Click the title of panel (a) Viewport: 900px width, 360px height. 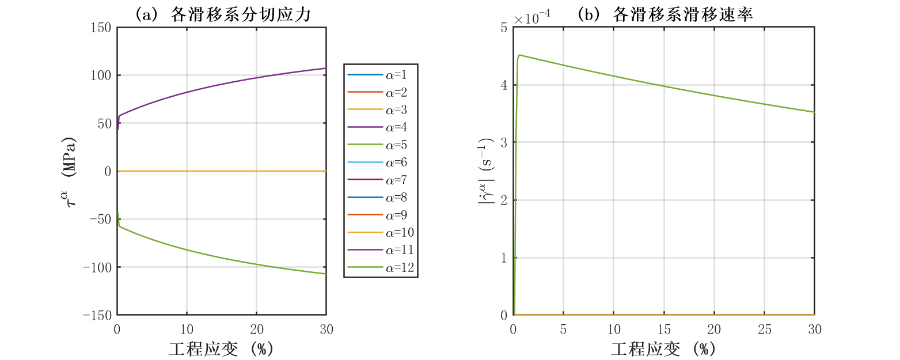pyautogui.click(x=222, y=16)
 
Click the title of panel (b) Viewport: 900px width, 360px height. pyautogui.click(x=664, y=16)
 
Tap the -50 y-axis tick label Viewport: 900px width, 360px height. pyautogui.click(x=100, y=219)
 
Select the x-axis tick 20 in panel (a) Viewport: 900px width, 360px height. pyautogui.click(x=256, y=329)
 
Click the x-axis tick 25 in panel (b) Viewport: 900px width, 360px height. pyautogui.click(x=764, y=329)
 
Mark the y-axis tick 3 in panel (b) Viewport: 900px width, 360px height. pyautogui.click(x=504, y=142)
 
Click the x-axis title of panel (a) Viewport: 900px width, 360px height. pyautogui.click(x=221, y=349)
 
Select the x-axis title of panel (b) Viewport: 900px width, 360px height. pyautogui.click(x=663, y=349)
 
